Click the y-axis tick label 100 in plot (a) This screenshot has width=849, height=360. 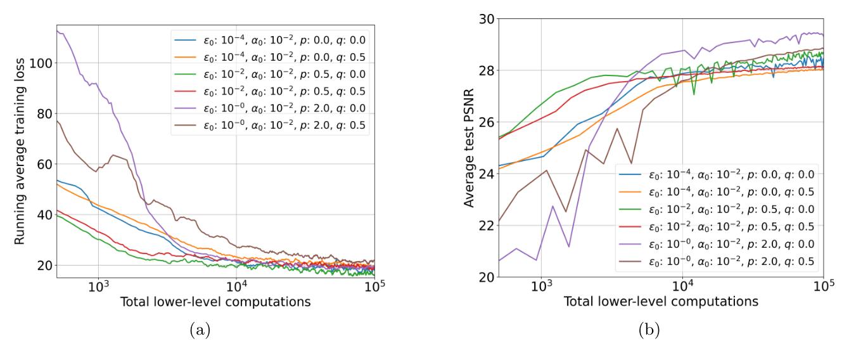coord(42,63)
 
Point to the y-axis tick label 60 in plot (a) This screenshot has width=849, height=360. coord(44,164)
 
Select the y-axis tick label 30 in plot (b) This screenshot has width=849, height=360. coord(488,19)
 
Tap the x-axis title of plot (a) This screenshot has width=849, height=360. coord(215,302)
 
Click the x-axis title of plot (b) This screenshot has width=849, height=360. coord(661,302)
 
